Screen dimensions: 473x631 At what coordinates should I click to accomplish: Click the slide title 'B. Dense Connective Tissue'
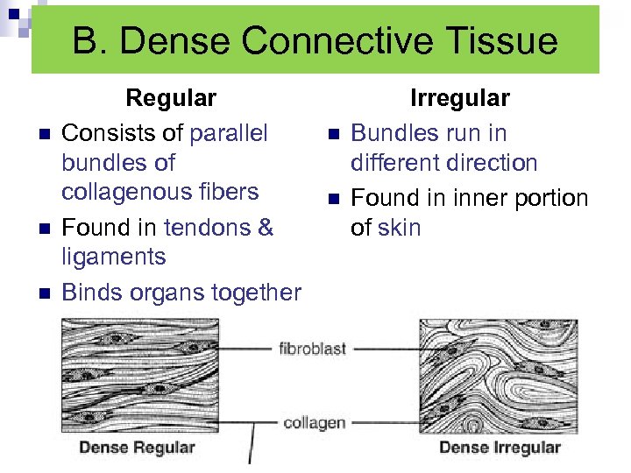(x=315, y=41)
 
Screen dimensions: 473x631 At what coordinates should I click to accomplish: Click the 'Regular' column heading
(x=171, y=97)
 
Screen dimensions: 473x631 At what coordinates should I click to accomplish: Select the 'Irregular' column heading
(x=460, y=97)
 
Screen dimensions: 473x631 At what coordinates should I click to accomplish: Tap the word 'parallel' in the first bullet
(x=229, y=133)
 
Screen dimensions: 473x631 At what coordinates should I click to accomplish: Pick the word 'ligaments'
(x=113, y=257)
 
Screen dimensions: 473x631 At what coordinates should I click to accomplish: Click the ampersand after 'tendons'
(x=266, y=228)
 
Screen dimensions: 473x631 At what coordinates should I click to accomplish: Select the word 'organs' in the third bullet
(x=164, y=292)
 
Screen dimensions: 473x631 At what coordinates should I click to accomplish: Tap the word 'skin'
(x=400, y=228)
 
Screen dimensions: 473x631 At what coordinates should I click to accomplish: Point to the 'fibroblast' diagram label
(x=313, y=349)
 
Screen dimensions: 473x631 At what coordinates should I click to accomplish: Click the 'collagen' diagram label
(x=314, y=423)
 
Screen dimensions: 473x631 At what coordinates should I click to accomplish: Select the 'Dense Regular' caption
(x=138, y=448)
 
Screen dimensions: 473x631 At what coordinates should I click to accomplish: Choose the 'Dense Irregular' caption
(x=500, y=448)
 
